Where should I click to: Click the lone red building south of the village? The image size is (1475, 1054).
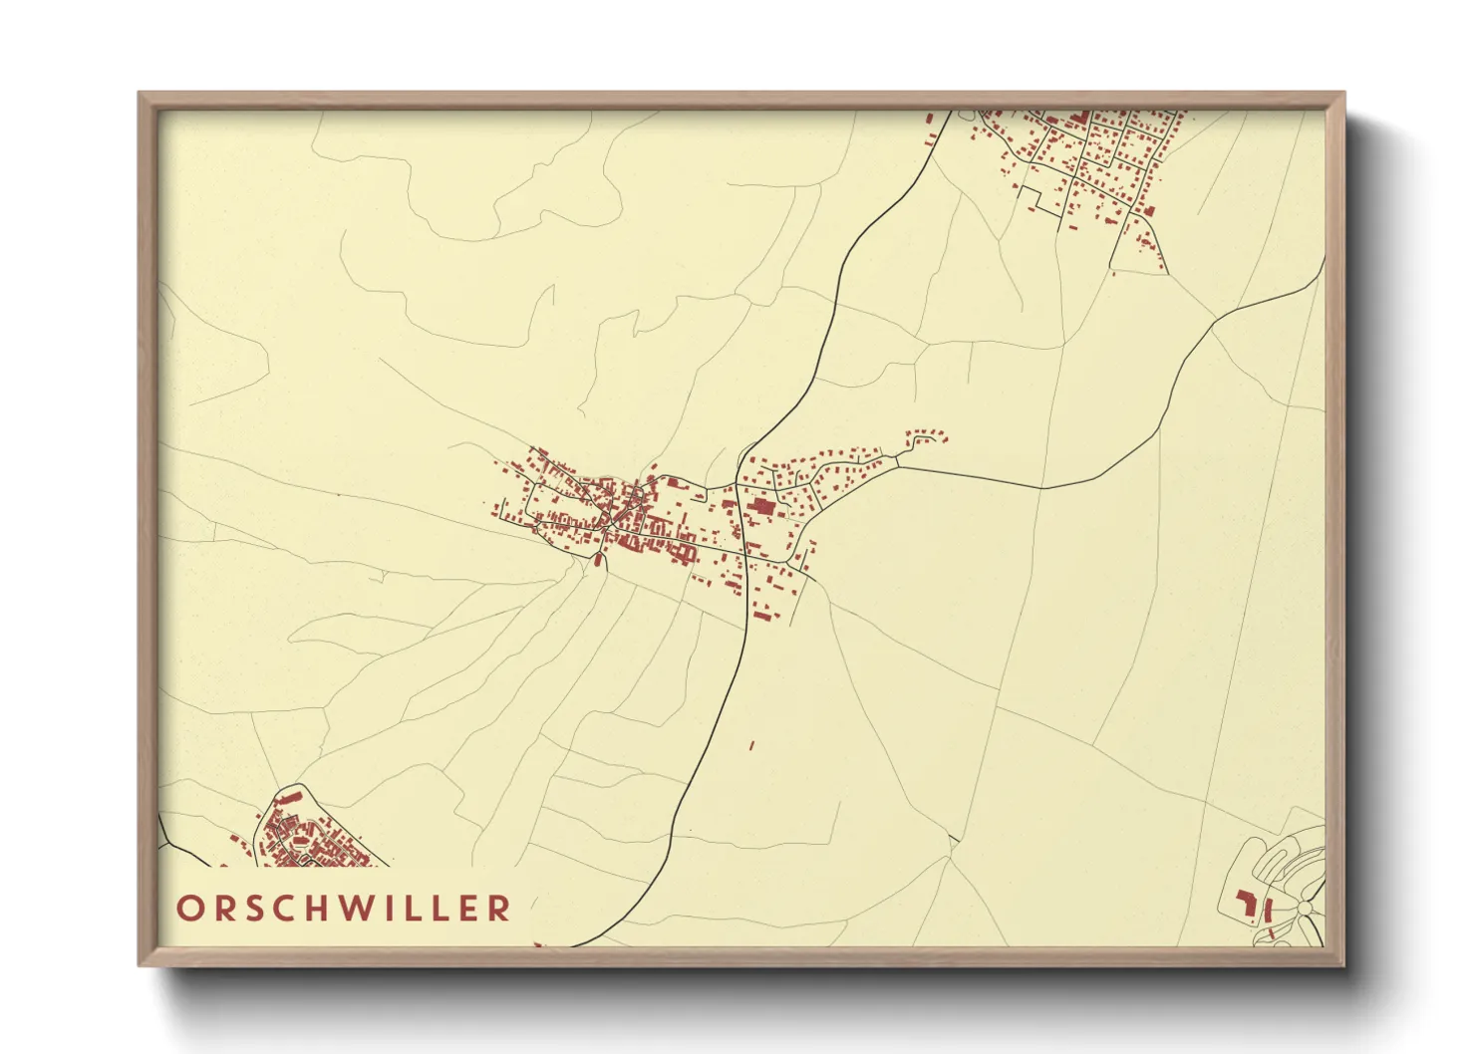coord(751,744)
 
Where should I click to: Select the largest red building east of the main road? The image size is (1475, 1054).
coord(762,507)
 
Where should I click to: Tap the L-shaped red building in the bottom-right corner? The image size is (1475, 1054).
coord(1246,904)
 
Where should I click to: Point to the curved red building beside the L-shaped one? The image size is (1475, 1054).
coord(1269,910)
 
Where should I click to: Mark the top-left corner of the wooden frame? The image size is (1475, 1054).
coord(140,94)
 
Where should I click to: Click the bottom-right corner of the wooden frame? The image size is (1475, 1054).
coord(1343,964)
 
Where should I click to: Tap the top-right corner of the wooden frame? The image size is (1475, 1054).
coord(1343,94)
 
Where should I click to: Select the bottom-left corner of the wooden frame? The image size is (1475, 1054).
coord(140,964)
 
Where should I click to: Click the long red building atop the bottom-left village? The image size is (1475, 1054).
coord(288,799)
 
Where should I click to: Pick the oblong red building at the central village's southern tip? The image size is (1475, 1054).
coord(599,561)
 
